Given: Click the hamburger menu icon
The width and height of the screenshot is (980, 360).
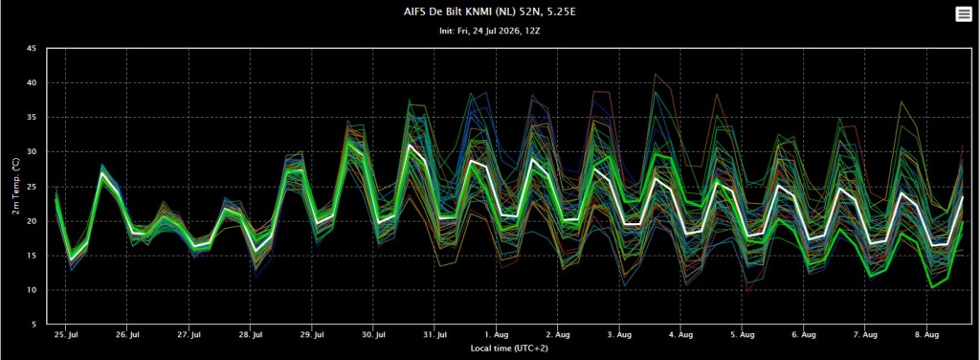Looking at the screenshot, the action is pyautogui.click(x=963, y=15).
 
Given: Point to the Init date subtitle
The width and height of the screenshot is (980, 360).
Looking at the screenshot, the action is pyautogui.click(x=490, y=30).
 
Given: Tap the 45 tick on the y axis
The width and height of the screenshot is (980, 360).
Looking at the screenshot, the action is pyautogui.click(x=33, y=49).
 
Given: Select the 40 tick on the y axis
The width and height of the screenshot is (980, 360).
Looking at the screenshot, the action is pyautogui.click(x=33, y=83).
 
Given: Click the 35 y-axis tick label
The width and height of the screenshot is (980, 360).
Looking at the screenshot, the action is pyautogui.click(x=33, y=118).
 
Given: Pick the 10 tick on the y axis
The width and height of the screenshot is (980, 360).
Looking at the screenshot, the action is pyautogui.click(x=33, y=290).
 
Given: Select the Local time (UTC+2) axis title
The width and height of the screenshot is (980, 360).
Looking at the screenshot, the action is pyautogui.click(x=509, y=349).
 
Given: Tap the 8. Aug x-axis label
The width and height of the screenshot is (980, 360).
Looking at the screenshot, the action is pyautogui.click(x=926, y=335).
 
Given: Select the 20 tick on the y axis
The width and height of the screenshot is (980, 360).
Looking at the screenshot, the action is pyautogui.click(x=33, y=221).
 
